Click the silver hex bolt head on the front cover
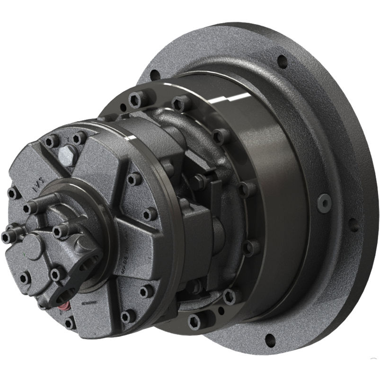point(68,155)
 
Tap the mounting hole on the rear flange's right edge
point(353,224)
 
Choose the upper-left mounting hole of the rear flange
point(154,75)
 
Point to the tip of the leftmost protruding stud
point(6,237)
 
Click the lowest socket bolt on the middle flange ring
point(194,322)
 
